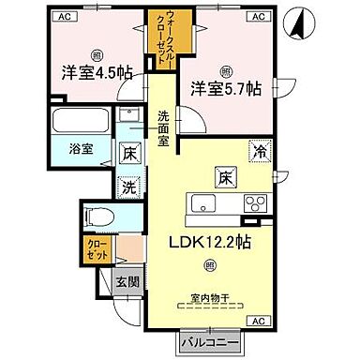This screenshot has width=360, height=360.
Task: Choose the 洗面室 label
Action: click(162, 124)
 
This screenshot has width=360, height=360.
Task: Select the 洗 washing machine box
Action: click(129, 187)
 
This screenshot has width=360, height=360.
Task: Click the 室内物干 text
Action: click(211, 297)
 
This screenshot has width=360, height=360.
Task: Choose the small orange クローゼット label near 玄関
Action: click(97, 249)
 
